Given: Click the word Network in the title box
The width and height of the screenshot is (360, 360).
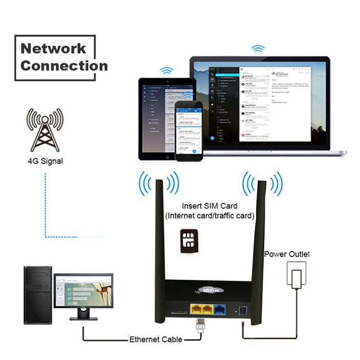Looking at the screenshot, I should (x=53, y=48).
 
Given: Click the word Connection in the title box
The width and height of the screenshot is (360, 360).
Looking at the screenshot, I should (x=64, y=66).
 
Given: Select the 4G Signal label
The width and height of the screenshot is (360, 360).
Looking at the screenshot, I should (x=45, y=161).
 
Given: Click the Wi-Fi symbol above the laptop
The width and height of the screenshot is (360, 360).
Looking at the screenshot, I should (x=258, y=48).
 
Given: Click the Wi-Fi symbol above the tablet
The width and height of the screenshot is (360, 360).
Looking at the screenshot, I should (x=167, y=71).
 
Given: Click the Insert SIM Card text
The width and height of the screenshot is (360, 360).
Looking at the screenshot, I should (x=209, y=206).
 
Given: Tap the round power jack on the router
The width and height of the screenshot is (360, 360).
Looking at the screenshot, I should (x=243, y=310).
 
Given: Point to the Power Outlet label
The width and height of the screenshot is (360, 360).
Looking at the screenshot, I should (x=287, y=254).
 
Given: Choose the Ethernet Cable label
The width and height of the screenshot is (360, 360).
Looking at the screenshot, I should (x=156, y=339).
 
